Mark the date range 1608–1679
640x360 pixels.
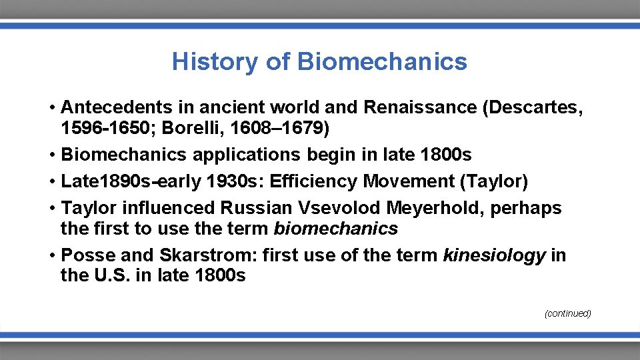pyautogui.click(x=280, y=127)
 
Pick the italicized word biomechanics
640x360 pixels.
pyautogui.click(x=335, y=229)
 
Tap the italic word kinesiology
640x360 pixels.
pyautogui.click(x=494, y=255)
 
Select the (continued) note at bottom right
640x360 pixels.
pyautogui.click(x=567, y=313)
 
